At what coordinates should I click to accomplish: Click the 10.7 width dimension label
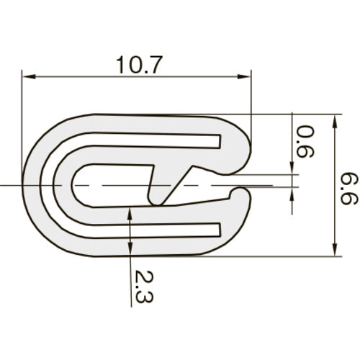click(139, 65)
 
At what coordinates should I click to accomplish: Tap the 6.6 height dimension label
click(349, 189)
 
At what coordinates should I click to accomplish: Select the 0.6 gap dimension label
click(305, 141)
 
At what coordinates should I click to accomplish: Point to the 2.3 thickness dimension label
click(144, 286)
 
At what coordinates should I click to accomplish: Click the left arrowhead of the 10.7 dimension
click(29, 77)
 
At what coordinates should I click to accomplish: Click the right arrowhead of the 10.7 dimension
click(244, 77)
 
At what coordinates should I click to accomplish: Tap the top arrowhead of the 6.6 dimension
click(336, 122)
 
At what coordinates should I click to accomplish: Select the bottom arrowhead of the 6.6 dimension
click(336, 250)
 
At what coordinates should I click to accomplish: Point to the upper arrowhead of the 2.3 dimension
click(130, 214)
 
